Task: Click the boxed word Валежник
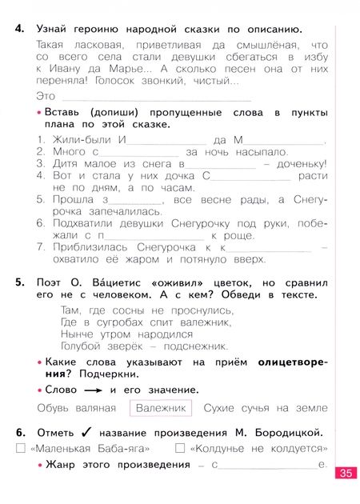(161, 408)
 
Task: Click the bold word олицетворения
(291, 366)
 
